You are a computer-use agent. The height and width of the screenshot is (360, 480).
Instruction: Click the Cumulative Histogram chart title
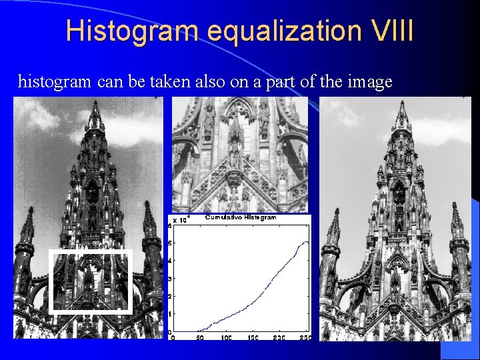pyautogui.click(x=241, y=217)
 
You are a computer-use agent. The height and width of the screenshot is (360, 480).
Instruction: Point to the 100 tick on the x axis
pyautogui.click(x=226, y=338)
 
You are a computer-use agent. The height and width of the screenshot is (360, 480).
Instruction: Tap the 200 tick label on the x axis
pyautogui.click(x=279, y=338)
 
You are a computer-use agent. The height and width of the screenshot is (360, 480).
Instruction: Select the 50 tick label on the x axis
pyautogui.click(x=199, y=338)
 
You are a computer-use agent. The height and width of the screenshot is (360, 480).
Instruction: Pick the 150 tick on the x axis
pyautogui.click(x=253, y=338)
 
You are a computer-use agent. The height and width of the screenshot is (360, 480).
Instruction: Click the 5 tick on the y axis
pyautogui.click(x=170, y=243)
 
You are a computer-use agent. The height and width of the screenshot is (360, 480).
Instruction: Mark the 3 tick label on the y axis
pyautogui.click(x=170, y=279)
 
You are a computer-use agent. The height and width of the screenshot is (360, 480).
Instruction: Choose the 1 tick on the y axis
pyautogui.click(x=170, y=314)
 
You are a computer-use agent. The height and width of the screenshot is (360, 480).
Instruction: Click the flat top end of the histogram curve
pyautogui.click(x=305, y=242)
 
